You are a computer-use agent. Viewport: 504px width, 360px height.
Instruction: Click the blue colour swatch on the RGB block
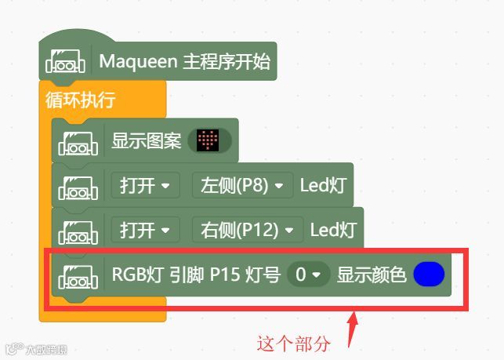click(x=428, y=275)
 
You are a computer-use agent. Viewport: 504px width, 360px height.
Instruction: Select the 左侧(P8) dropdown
click(x=242, y=186)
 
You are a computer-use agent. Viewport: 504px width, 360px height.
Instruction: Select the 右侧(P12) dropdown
click(x=247, y=230)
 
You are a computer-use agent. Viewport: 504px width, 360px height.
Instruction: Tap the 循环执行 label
click(x=82, y=100)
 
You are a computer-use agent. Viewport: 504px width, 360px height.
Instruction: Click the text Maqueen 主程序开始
click(x=184, y=61)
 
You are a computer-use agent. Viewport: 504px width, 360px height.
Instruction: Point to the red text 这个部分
click(x=295, y=343)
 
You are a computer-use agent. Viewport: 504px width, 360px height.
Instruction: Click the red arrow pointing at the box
click(x=352, y=329)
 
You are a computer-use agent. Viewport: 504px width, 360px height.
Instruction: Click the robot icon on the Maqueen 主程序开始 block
click(x=66, y=61)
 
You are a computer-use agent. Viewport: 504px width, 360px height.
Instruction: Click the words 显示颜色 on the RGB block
click(x=372, y=275)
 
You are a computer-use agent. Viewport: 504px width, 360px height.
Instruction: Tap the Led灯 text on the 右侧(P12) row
click(x=332, y=230)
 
